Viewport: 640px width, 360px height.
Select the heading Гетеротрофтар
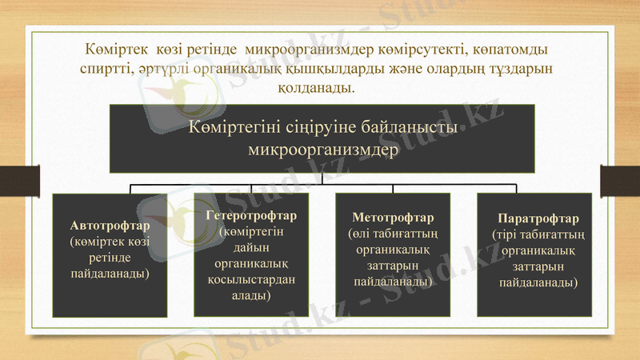pos(251,216)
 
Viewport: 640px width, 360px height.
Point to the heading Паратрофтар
pos(538,218)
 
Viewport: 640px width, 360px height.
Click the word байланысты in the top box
pos(411,126)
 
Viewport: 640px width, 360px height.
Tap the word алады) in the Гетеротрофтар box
pos(251,295)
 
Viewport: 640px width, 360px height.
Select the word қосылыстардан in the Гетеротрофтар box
pos(251,279)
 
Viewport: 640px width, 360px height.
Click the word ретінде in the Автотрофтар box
pos(110,258)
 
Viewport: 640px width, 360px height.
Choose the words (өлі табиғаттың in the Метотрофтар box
pos(393,234)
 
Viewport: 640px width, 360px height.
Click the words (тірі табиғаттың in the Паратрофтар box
pos(538,234)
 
